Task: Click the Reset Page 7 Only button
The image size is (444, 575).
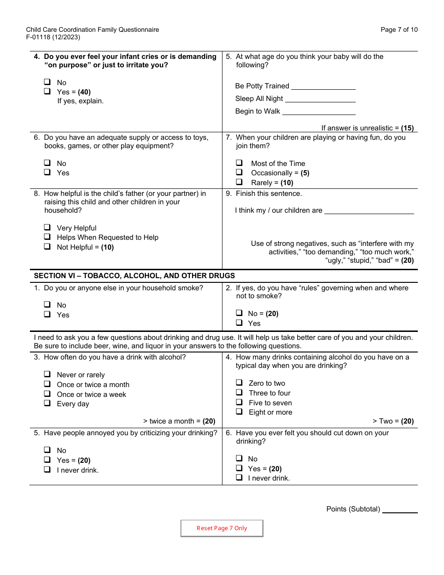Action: point(222,528)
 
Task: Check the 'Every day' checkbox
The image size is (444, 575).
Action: point(47,403)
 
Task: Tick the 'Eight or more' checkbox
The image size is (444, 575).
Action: point(239,411)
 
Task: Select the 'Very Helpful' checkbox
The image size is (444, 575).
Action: point(47,227)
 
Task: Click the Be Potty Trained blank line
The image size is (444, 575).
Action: point(323,86)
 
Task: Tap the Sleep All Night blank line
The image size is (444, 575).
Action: point(320,99)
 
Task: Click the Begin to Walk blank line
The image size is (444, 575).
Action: point(319,111)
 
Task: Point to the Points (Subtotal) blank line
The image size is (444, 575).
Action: point(400,510)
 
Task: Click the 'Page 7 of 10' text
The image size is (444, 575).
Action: point(399,29)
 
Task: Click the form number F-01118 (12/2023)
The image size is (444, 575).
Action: point(53,37)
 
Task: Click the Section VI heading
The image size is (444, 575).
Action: point(134,276)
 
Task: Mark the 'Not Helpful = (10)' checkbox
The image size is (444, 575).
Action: point(47,246)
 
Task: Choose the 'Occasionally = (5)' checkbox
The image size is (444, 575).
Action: point(239,172)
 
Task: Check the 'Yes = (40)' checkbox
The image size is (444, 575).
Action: point(47,91)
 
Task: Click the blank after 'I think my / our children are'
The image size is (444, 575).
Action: point(369,210)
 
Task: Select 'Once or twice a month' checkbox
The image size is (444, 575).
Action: point(47,384)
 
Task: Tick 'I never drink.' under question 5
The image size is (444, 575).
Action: point(47,469)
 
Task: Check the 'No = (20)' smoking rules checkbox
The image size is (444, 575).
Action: point(239,313)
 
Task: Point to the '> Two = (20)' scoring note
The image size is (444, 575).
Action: point(393,421)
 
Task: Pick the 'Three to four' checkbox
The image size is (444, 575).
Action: point(239,392)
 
